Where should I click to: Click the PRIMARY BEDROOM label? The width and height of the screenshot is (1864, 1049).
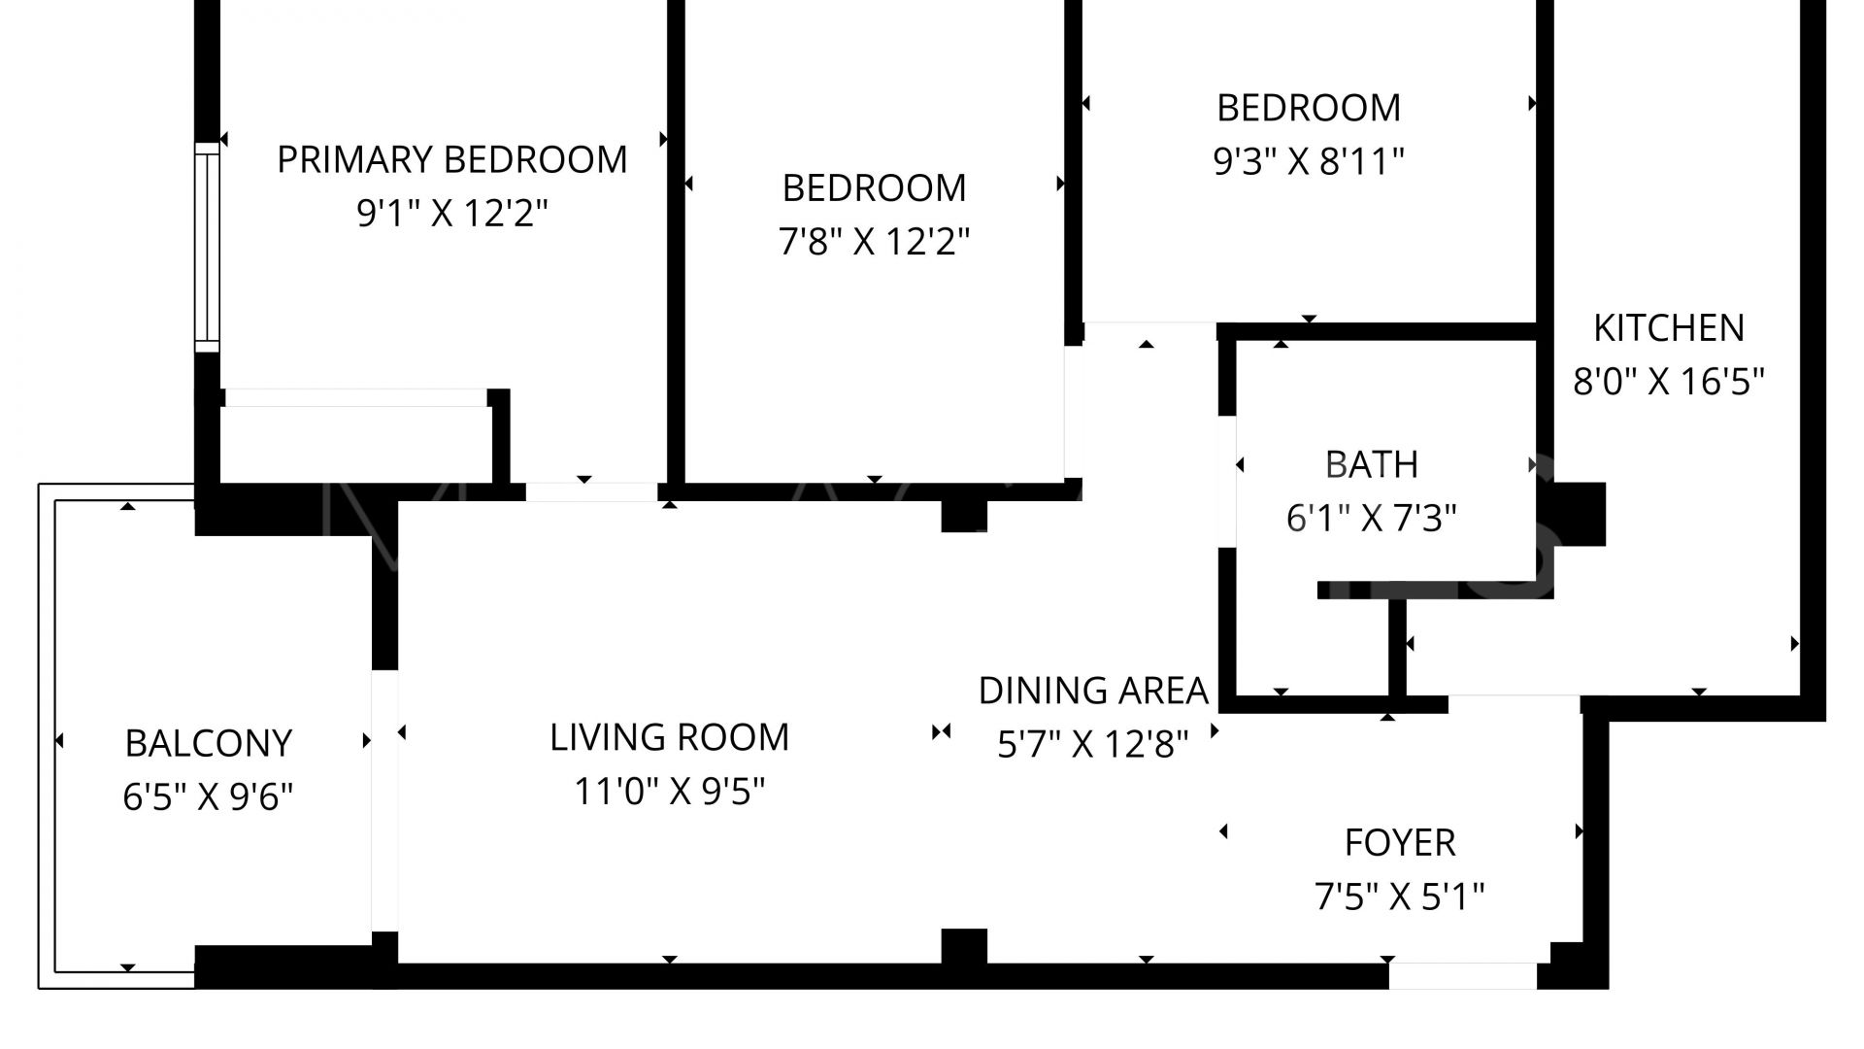[452, 159]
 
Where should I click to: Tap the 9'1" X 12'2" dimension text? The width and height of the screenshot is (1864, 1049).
[452, 213]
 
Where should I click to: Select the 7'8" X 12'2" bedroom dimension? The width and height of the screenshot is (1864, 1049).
[874, 241]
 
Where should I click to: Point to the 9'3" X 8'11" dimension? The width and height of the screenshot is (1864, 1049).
[1309, 161]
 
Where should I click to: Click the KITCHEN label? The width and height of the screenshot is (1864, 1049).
[1668, 328]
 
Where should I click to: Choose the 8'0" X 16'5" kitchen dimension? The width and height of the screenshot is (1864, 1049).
[1668, 382]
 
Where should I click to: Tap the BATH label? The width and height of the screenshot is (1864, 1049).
[1371, 465]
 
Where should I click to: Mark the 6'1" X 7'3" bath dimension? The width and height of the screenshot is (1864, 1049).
[1371, 519]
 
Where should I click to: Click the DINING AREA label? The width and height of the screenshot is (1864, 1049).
[1093, 692]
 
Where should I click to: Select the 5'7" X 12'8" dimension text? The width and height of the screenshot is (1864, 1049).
[1093, 745]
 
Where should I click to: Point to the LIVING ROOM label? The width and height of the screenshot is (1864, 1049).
[669, 738]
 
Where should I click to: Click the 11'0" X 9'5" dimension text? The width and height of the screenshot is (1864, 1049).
[669, 792]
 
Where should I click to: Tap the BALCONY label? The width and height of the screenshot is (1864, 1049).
[208, 744]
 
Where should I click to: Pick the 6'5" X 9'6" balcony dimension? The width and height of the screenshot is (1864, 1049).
[208, 797]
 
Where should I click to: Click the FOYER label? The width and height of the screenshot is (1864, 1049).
[1399, 843]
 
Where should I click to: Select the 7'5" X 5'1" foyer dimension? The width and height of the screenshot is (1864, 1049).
[1399, 897]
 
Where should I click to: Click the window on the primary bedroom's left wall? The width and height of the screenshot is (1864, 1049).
[207, 247]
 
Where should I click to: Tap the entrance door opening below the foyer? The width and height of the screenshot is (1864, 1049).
[1462, 975]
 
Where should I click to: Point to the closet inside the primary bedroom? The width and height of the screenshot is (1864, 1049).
[355, 442]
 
